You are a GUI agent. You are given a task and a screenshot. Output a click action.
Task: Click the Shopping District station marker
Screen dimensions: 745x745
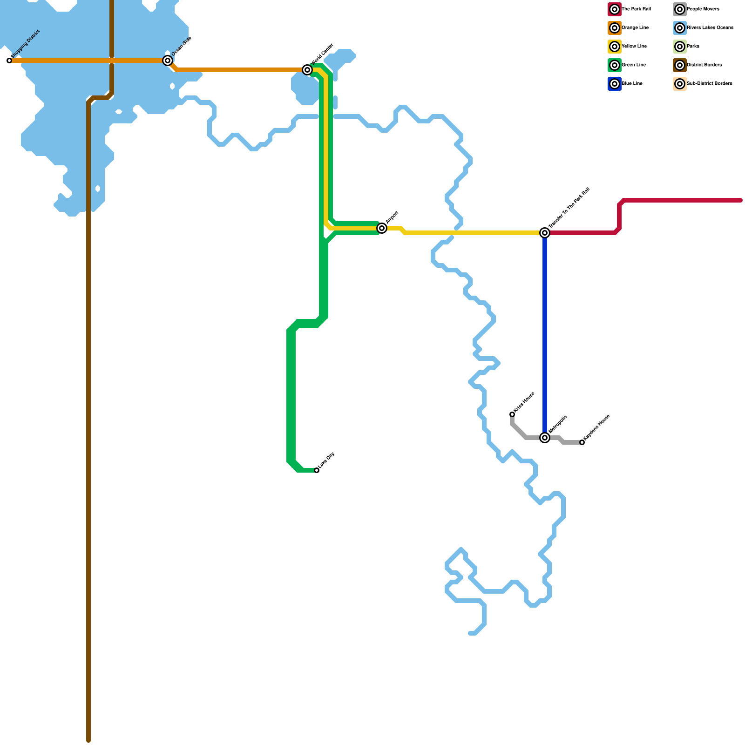9,61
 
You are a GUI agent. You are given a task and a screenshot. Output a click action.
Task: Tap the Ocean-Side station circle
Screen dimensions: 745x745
168,61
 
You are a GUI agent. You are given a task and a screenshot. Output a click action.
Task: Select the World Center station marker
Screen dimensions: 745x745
307,70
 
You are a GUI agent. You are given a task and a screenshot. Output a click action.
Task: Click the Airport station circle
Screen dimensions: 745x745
382,228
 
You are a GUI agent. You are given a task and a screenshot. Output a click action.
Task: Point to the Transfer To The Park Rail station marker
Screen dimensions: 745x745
545,233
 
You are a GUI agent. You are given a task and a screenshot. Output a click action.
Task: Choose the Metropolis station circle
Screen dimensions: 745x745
545,438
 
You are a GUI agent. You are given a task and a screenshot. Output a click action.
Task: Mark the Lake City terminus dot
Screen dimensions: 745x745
317,470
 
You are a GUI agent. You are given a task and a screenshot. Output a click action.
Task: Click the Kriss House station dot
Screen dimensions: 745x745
512,414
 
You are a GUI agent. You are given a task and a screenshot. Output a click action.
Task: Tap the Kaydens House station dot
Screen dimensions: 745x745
582,442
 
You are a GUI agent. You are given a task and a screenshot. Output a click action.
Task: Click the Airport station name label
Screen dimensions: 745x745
393,217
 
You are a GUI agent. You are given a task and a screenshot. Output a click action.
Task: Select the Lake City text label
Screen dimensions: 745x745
326,461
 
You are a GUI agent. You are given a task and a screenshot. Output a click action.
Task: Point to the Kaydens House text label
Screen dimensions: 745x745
596,427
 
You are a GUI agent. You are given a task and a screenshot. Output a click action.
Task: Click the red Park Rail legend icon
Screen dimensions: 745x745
615,9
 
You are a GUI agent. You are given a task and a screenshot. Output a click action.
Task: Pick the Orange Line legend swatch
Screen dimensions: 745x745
615,28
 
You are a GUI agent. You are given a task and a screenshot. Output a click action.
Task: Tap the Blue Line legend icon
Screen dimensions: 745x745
615,84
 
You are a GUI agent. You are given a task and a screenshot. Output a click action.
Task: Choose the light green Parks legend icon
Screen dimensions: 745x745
680,47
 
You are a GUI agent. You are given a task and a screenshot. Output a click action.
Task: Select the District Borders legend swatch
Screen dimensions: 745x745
680,65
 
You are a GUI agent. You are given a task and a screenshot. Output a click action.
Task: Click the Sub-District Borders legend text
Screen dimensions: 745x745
709,84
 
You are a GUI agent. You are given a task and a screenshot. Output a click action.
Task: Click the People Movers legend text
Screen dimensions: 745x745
703,9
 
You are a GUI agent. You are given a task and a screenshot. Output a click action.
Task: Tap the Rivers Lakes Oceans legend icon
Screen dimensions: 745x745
680,28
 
